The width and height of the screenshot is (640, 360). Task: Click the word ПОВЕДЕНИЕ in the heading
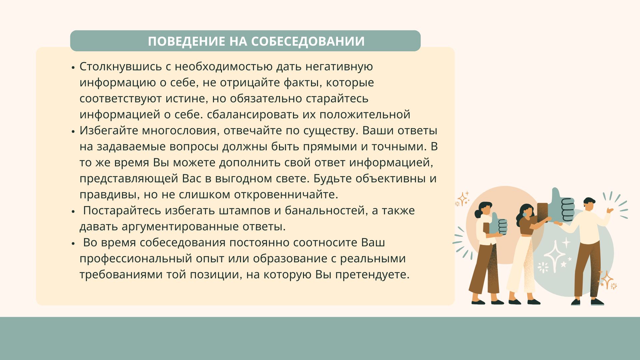coord(187,41)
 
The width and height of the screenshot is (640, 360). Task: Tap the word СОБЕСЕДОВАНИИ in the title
coord(308,41)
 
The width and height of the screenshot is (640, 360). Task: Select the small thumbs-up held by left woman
coord(498,224)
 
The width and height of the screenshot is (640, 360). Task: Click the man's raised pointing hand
coord(610,211)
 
